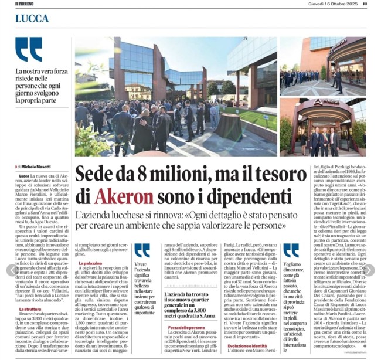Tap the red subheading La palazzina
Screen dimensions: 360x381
pyautogui.click(x=90, y=264)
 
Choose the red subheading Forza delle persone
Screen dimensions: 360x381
pyautogui.click(x=187, y=327)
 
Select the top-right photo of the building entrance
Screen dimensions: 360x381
pyautogui.click(x=322, y=66)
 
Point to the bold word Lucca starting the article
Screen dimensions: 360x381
pyautogui.click(x=24, y=176)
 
